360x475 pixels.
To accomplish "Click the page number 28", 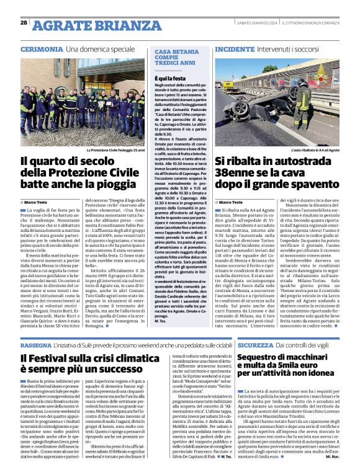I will click(x=24, y=22).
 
